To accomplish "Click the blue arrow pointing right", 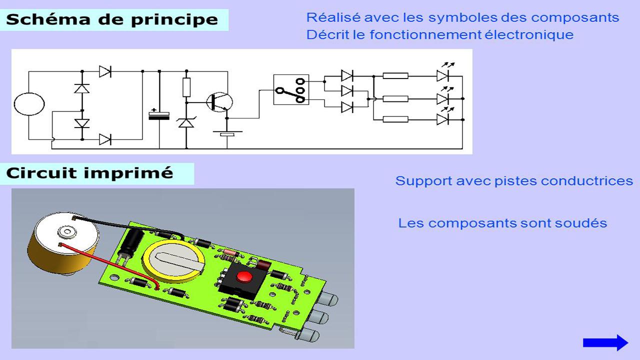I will pos(605,342).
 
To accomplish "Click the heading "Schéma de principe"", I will pos(112,20).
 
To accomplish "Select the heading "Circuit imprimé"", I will pos(89,173).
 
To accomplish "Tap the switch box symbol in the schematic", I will pos(291,89).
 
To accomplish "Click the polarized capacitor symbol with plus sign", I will pos(159,115).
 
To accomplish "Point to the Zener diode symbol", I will pos(186,121).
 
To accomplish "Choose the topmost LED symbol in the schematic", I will pos(443,75).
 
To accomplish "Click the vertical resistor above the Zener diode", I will pos(186,87).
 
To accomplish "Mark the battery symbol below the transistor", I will pos(227,133).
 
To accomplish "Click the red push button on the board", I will pos(244,276).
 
